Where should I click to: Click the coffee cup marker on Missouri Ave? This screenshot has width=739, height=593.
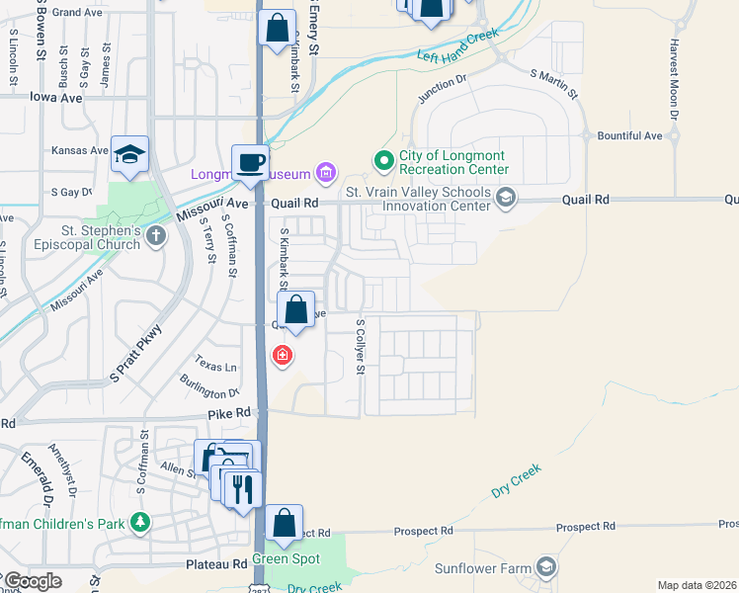[x=250, y=162]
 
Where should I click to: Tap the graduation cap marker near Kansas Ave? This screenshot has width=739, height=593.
[x=129, y=154]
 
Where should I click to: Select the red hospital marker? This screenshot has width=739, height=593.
[x=283, y=355]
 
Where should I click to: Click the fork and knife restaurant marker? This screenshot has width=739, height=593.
[x=242, y=488]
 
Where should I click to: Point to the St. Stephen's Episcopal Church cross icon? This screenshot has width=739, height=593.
[x=156, y=235]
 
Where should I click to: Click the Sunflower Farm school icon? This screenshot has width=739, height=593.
[x=545, y=566]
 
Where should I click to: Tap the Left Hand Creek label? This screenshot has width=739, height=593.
[x=457, y=45]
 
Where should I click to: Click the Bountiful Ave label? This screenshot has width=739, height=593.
[x=629, y=135]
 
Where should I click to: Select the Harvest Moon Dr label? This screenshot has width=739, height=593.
[x=674, y=79]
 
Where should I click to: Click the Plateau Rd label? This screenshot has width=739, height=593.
[x=216, y=564]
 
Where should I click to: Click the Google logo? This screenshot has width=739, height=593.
[x=33, y=581]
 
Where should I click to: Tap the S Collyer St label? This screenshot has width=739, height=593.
[x=361, y=347]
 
